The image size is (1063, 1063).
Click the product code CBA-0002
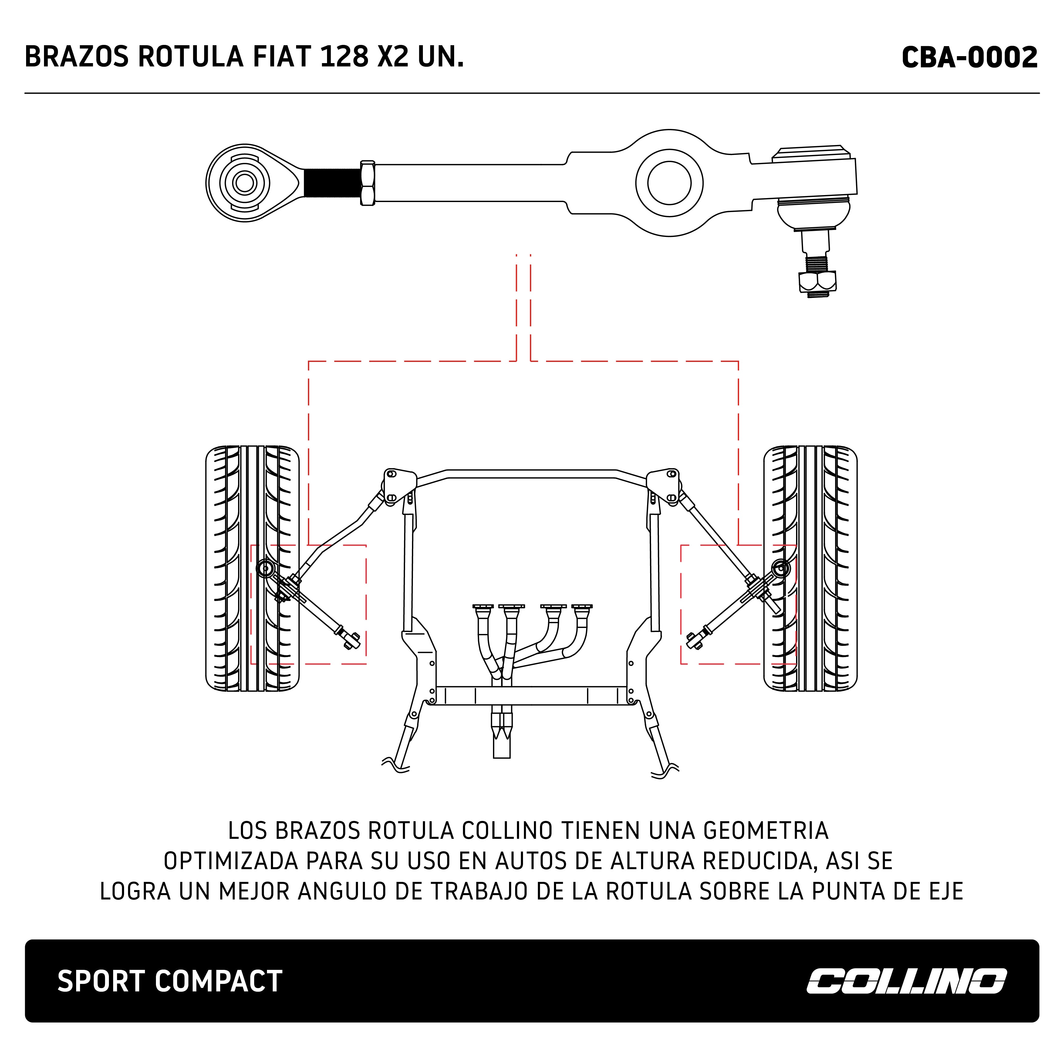click(970, 57)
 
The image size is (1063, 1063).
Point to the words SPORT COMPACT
click(170, 981)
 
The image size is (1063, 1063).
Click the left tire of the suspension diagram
click(252, 569)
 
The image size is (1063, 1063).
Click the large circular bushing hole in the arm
click(669, 183)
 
